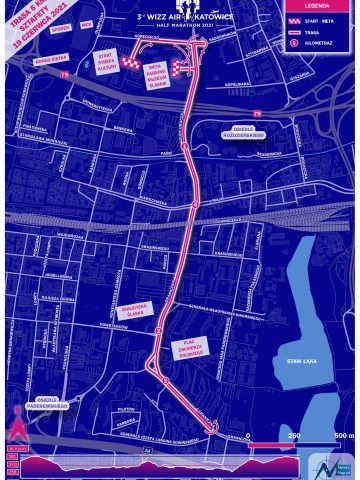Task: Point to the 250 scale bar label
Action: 295,436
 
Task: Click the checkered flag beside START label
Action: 132,64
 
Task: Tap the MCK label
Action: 87,22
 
